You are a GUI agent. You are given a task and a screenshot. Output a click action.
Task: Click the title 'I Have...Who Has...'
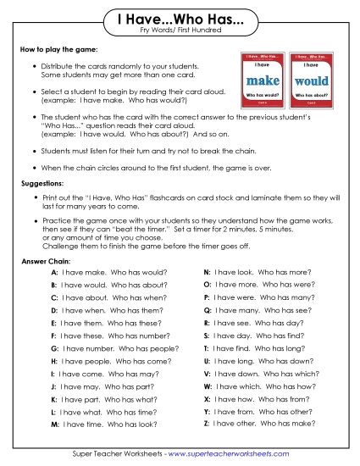(180, 18)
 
